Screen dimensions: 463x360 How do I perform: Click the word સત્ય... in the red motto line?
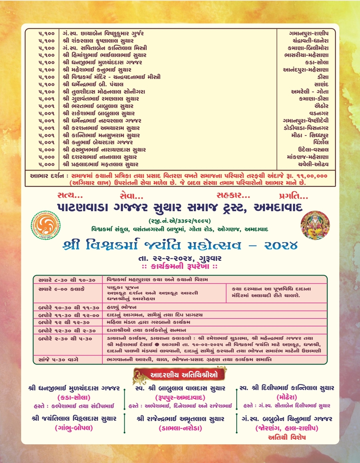point(70,196)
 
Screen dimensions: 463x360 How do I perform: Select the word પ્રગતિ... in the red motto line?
point(293,196)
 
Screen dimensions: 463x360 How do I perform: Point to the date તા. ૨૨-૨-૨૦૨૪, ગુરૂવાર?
point(180,258)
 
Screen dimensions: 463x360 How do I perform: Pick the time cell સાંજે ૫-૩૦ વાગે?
point(58,360)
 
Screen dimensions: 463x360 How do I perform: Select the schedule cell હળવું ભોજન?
point(122,307)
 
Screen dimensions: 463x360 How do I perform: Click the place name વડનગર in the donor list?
point(319,113)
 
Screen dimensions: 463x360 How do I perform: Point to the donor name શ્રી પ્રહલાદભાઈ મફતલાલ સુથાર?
point(100,164)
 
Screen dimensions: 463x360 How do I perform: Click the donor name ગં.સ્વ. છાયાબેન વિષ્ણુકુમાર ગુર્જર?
point(103,33)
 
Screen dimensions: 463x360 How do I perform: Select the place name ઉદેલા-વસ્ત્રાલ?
point(313,150)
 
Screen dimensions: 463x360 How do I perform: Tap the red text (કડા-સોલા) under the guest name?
point(74,397)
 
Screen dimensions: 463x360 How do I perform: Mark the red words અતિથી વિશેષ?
point(287,437)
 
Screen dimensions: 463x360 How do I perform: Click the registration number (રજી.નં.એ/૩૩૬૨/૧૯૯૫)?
point(180,221)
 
